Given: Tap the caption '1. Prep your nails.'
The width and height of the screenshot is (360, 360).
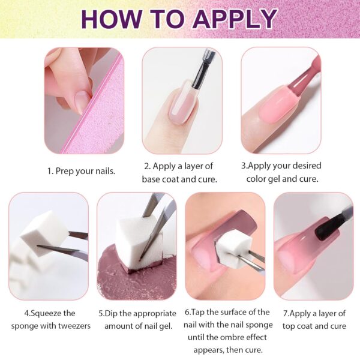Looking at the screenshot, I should coord(81,171).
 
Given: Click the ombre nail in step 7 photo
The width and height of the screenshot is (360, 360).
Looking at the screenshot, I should coord(300,246).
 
